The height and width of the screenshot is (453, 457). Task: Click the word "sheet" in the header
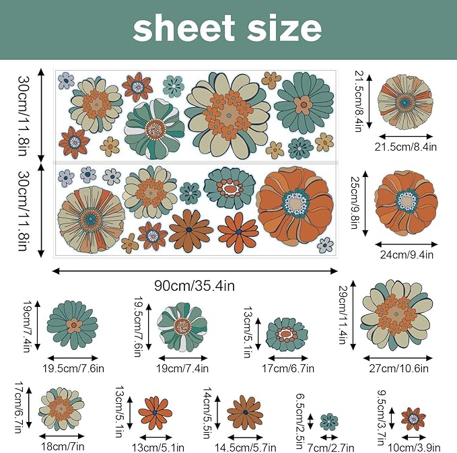(x=184, y=28)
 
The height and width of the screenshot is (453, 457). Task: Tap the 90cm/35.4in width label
(x=195, y=285)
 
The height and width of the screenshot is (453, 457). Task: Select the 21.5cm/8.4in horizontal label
(x=405, y=147)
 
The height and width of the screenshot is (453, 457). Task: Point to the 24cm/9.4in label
(x=407, y=255)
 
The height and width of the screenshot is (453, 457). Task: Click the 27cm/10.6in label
(x=398, y=368)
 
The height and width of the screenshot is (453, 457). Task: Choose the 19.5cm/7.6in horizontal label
(x=73, y=368)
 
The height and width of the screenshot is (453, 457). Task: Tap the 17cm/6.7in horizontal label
(x=288, y=368)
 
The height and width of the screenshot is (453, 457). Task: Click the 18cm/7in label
(x=63, y=446)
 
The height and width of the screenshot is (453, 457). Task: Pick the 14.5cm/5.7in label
(x=246, y=448)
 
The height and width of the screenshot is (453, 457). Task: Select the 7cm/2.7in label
(x=330, y=448)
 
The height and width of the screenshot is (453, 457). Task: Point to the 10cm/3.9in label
(x=414, y=448)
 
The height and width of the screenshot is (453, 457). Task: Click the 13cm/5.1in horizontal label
(x=158, y=448)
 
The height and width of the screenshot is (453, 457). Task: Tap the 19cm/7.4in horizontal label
(x=182, y=368)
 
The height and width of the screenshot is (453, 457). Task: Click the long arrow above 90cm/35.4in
(x=195, y=271)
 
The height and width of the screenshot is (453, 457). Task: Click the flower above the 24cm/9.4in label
(x=407, y=203)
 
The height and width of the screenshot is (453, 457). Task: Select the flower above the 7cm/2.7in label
(x=329, y=421)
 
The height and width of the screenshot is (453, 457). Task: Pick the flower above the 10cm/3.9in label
(x=413, y=419)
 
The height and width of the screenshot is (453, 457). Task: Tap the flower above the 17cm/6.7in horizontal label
(x=287, y=335)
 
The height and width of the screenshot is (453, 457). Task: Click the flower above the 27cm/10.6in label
(x=396, y=316)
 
